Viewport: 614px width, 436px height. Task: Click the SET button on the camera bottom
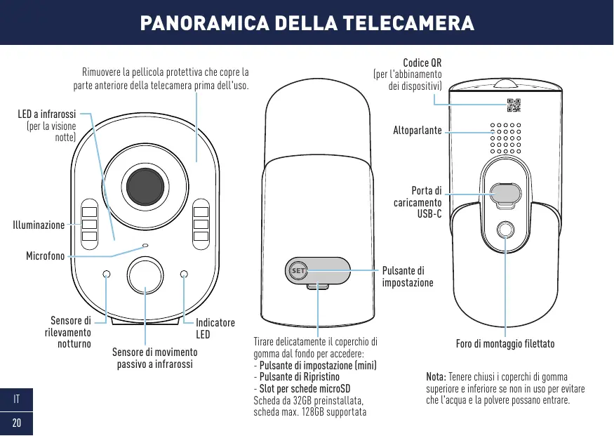pos(298,270)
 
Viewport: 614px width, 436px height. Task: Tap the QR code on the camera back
pos(514,105)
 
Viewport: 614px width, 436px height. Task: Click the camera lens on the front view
pos(147,186)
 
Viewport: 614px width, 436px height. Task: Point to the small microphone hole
pos(145,245)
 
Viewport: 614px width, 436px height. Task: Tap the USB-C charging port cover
pos(505,194)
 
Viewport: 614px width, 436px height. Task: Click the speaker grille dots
pos(505,139)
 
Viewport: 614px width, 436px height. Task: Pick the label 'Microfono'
pos(45,256)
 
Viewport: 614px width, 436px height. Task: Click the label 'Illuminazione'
pos(39,225)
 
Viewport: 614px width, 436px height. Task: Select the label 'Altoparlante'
pos(417,131)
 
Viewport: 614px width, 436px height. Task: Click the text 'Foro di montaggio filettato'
pos(505,344)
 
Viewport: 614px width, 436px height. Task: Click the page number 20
pos(16,423)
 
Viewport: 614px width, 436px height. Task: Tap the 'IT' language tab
pos(16,401)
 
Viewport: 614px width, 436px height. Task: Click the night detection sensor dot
pos(107,274)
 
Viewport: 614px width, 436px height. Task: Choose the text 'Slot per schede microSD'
pos(305,389)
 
